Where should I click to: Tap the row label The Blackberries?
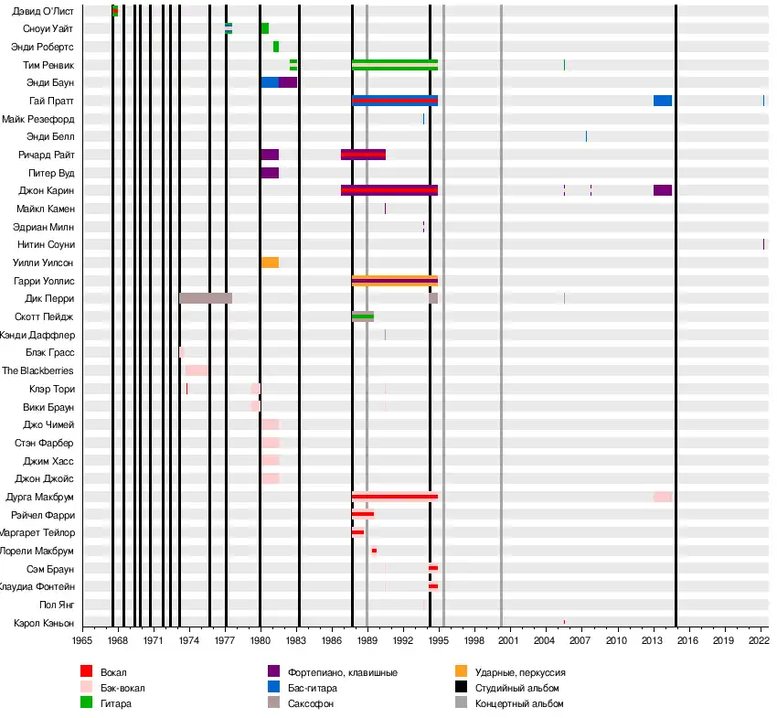click(x=37, y=370)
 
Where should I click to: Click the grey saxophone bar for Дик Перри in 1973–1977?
click(x=206, y=298)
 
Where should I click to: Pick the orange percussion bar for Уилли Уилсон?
click(x=270, y=263)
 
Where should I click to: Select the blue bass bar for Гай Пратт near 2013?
click(x=663, y=101)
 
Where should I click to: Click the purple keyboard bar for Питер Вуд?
click(x=270, y=173)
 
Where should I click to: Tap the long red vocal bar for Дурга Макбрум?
click(x=395, y=497)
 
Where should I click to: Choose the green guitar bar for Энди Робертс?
click(x=276, y=47)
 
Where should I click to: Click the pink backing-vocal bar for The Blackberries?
click(x=197, y=370)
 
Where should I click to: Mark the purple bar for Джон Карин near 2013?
click(x=663, y=190)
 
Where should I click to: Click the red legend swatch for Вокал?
click(x=87, y=672)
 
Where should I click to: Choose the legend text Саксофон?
click(x=308, y=703)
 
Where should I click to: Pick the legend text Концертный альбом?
click(x=519, y=703)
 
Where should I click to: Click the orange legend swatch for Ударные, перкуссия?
click(x=461, y=672)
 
